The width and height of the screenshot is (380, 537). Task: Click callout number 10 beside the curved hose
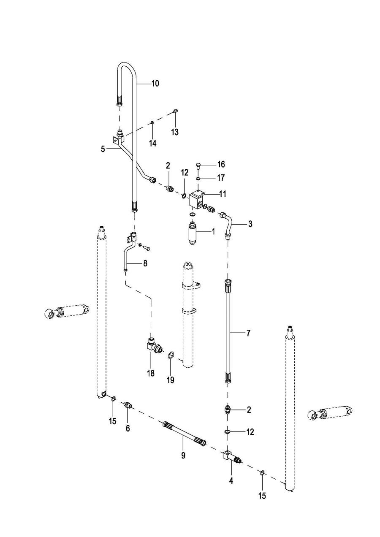click(155, 84)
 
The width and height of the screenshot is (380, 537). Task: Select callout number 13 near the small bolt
click(174, 132)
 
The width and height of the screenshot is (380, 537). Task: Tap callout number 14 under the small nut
click(152, 144)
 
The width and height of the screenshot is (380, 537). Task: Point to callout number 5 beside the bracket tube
click(103, 149)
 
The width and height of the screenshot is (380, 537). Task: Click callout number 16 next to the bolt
click(221, 164)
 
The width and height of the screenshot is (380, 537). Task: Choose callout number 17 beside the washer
click(221, 178)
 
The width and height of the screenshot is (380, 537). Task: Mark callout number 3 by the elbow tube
click(250, 224)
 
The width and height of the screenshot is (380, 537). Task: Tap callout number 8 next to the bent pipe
click(145, 263)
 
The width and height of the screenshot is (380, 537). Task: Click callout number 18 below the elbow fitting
click(151, 373)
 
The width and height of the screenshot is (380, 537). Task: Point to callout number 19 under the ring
click(170, 380)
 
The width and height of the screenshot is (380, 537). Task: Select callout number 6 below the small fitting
click(128, 428)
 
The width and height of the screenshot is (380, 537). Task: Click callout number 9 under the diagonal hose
click(183, 456)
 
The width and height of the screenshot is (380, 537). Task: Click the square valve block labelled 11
click(197, 199)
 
